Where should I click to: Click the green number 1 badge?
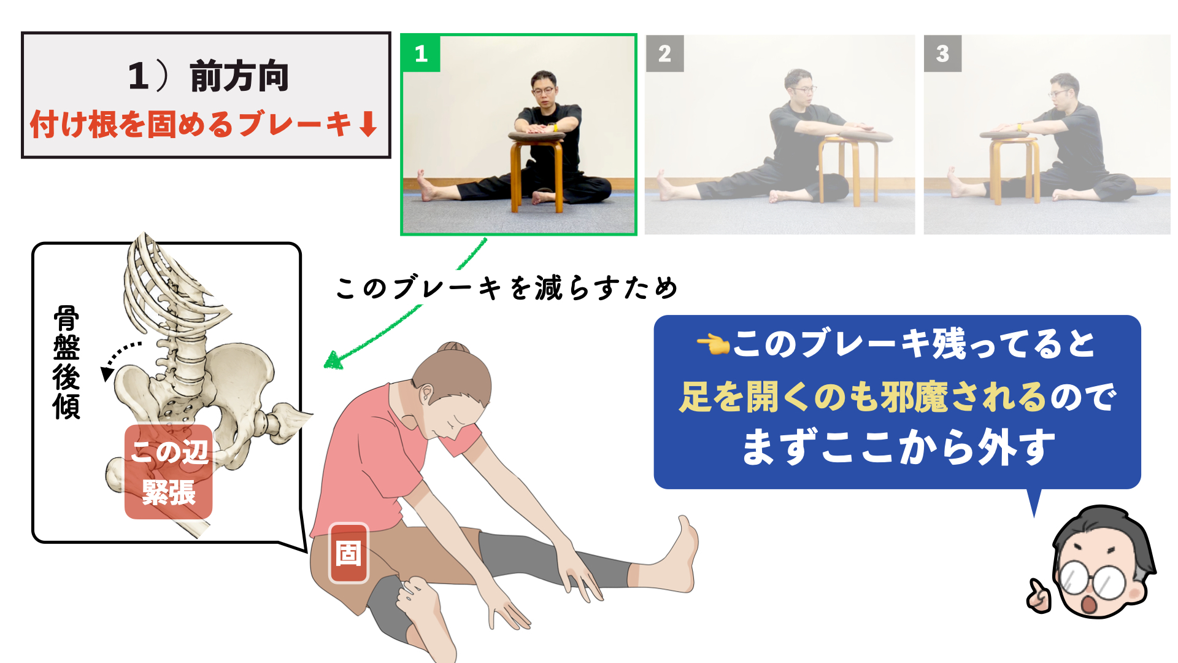coord(421,53)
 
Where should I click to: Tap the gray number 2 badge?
coord(664,53)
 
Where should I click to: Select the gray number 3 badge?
coord(942,53)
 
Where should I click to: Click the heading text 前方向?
coord(239,76)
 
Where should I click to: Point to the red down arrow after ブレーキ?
coord(368,123)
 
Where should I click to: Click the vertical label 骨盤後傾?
coord(66,362)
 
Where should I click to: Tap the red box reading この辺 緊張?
coord(169,471)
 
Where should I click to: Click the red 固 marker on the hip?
coord(348,552)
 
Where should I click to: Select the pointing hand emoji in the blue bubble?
coord(713,344)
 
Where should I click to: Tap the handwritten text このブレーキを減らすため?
coord(507,287)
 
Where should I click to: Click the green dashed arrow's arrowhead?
coord(333,360)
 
